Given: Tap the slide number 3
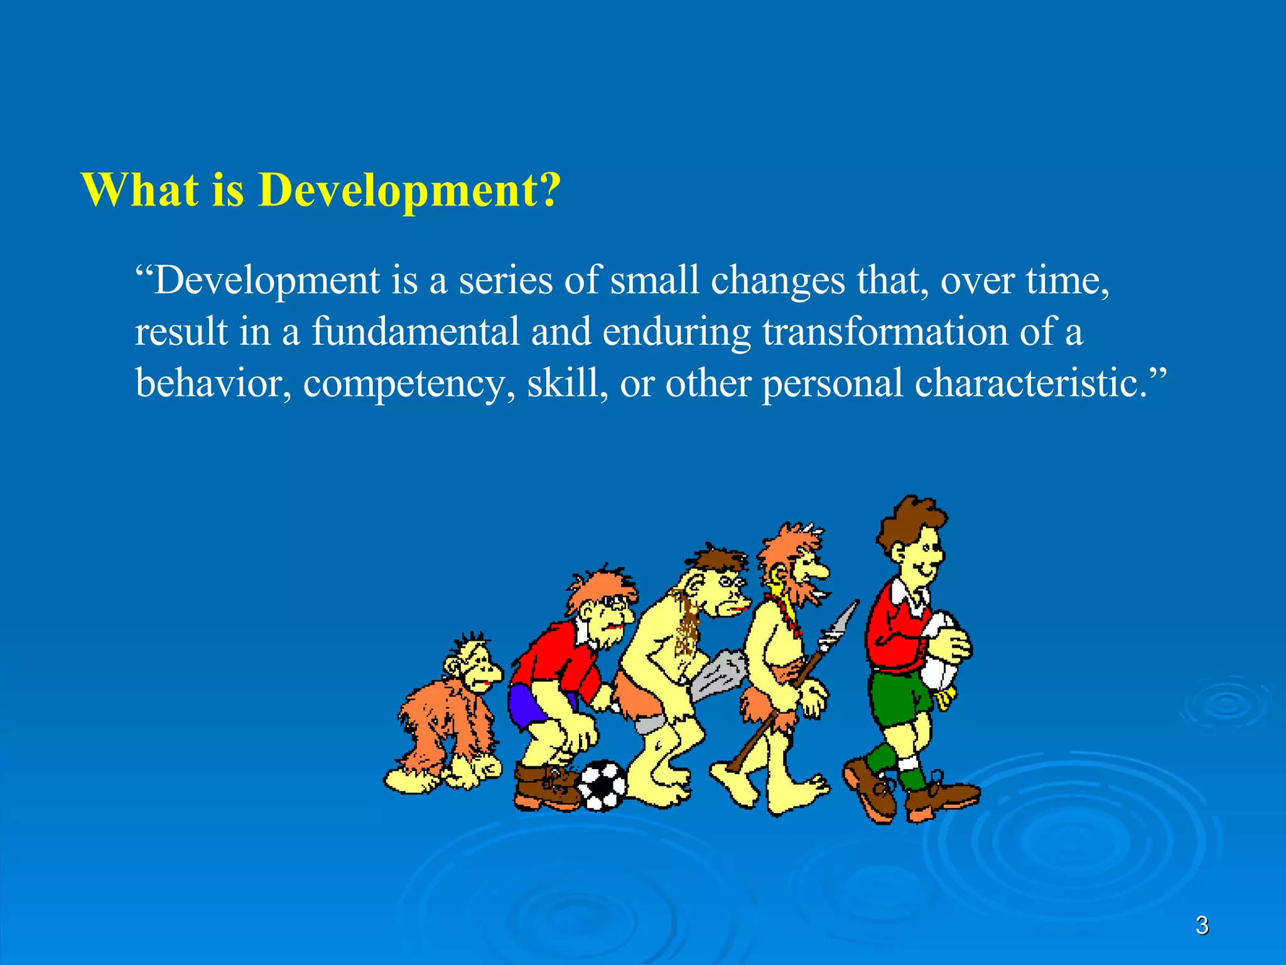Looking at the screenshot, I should pos(1202,925).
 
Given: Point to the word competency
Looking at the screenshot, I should pos(404,383).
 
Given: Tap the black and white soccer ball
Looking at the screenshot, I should pos(602,785).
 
